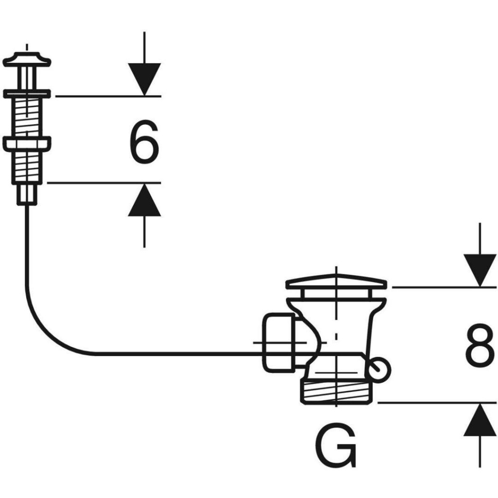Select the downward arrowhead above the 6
(144, 78)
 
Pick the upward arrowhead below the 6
(144, 200)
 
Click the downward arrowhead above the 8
(480, 269)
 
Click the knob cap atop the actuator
(27, 61)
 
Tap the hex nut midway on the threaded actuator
(27, 144)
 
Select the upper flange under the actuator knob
(27, 93)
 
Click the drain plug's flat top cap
(336, 282)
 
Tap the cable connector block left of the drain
(278, 342)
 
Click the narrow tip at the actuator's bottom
(27, 195)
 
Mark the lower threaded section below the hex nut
(27, 167)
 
